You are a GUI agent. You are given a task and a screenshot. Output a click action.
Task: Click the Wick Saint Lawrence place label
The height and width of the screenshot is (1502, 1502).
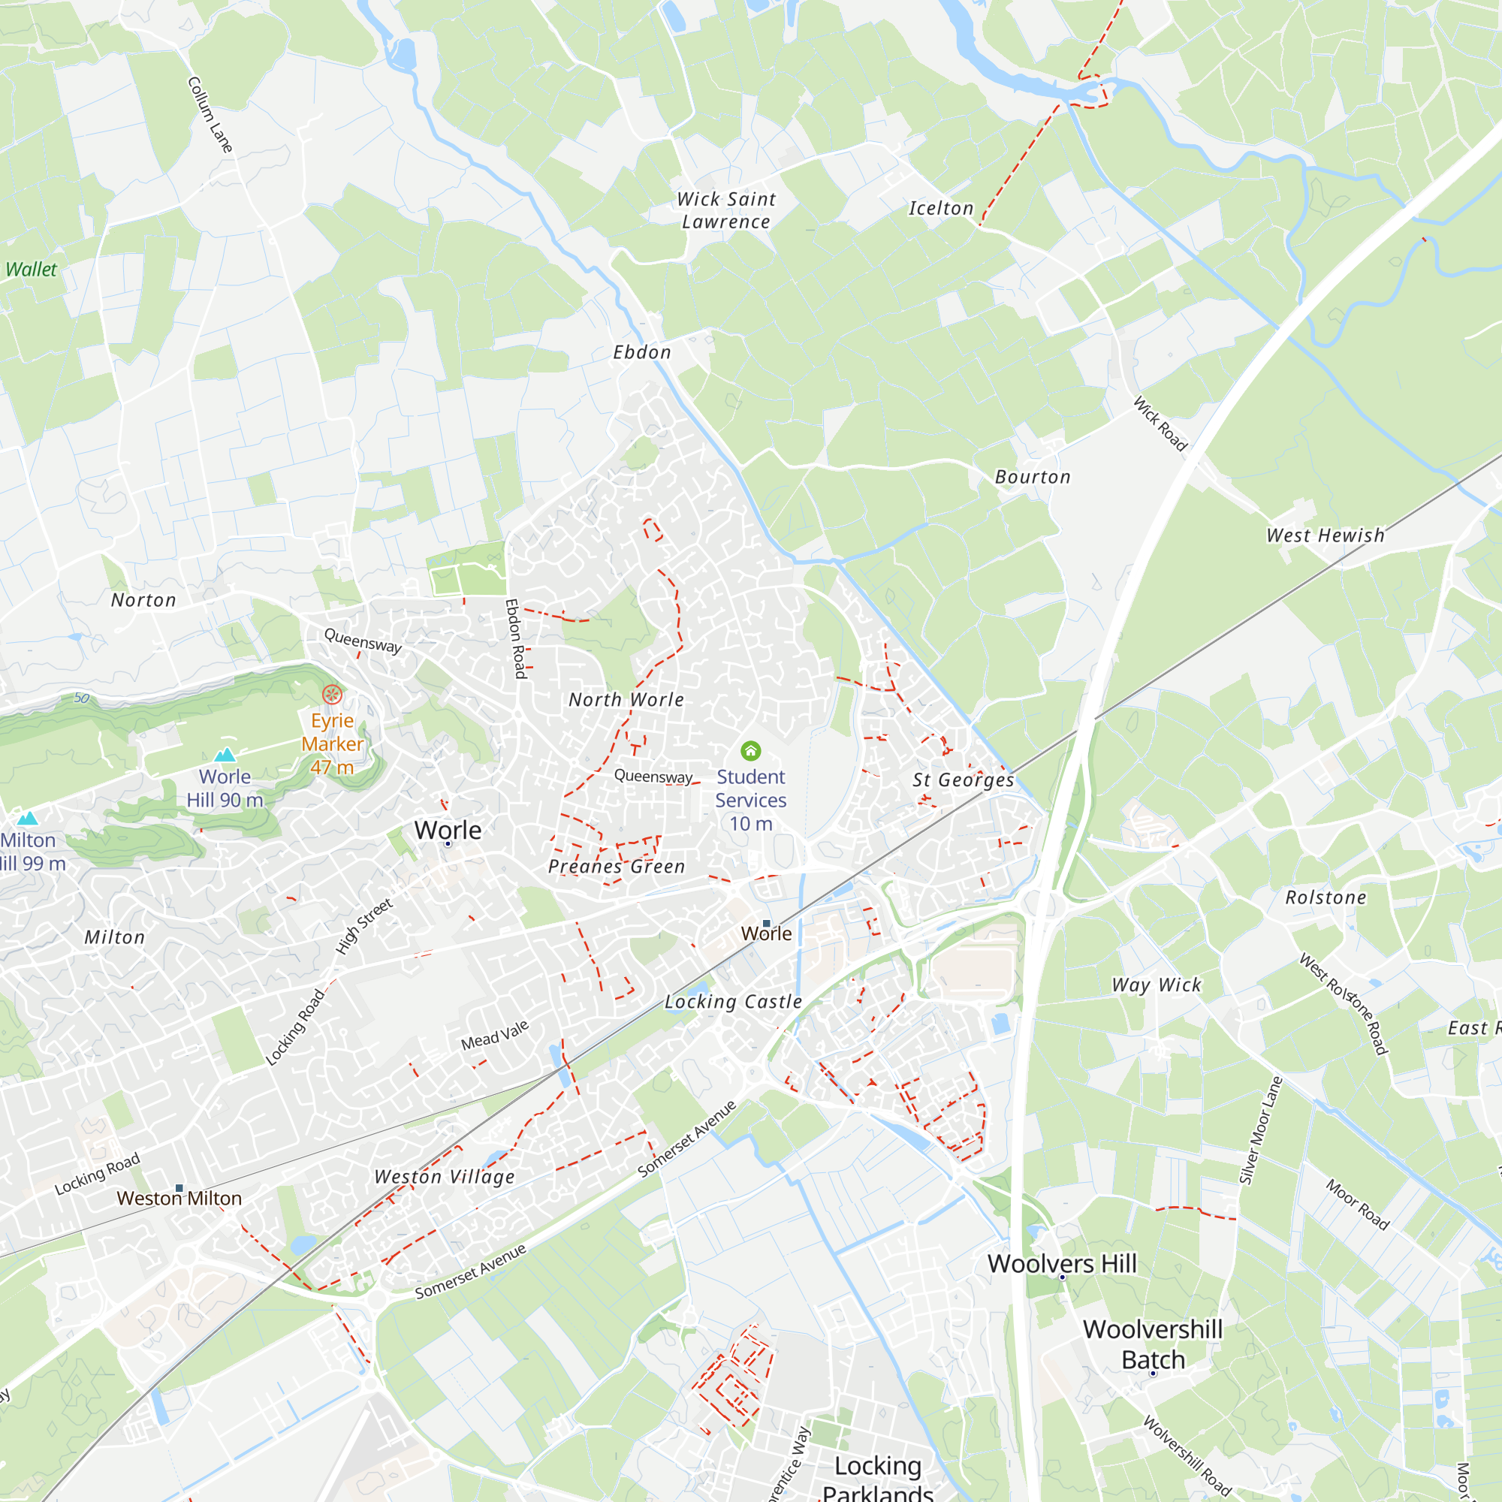pos(726,211)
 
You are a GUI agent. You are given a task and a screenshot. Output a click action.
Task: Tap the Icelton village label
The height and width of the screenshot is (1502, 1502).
pos(941,208)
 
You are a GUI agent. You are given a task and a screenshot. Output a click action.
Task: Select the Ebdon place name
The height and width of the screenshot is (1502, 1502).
pos(642,352)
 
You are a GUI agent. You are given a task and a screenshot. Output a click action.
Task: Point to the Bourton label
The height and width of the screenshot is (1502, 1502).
pos(1033,477)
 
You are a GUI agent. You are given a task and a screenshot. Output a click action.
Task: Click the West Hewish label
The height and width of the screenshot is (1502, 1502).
pos(1326,535)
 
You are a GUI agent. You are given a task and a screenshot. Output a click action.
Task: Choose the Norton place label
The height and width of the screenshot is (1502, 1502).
pos(144,600)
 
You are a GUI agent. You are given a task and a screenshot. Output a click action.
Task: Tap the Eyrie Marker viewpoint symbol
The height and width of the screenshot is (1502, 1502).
pos(332,693)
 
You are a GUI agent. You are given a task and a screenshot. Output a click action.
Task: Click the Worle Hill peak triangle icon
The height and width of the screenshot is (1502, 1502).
pos(225,754)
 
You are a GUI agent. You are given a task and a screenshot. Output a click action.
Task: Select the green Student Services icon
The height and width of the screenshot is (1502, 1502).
pos(750,750)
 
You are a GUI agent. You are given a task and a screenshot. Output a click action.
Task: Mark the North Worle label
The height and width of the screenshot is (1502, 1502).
pos(626,700)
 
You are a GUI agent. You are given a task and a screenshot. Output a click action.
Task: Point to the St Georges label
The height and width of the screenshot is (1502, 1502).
pos(964,780)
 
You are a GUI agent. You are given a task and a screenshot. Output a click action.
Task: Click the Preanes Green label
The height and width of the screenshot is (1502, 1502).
pos(617,866)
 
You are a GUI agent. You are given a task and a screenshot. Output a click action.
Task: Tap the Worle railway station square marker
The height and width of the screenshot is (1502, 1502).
pos(767,924)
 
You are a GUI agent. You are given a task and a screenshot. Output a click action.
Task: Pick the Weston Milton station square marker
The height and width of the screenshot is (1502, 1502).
pos(179,1188)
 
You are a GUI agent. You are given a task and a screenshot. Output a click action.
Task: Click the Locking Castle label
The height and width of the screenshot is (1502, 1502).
pos(733,1001)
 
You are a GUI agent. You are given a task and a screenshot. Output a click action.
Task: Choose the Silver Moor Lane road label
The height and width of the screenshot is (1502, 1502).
pos(1259,1130)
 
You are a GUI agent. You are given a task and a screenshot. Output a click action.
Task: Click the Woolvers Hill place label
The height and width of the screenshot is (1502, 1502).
pos(1062,1263)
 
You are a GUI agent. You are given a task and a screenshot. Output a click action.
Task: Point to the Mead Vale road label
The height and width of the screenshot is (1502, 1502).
pos(494,1035)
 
